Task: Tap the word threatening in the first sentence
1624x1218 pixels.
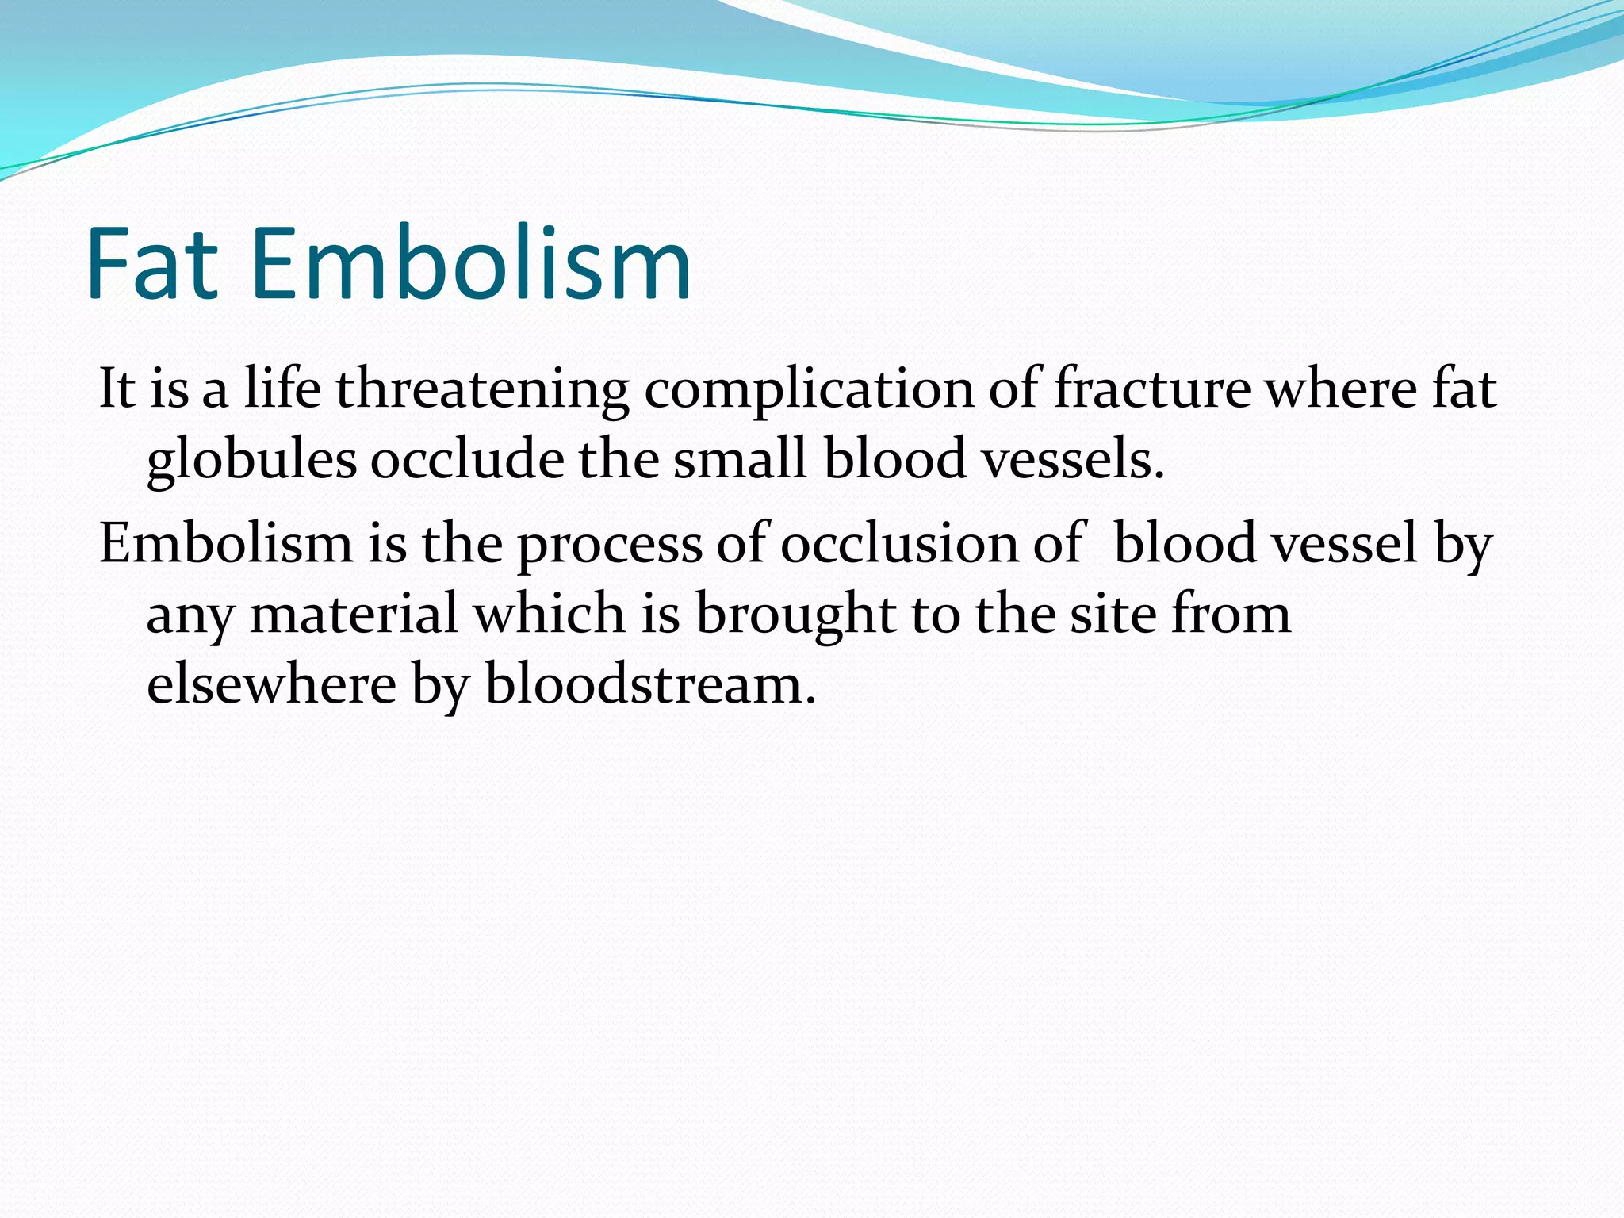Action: point(482,389)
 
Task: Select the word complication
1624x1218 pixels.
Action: point(809,389)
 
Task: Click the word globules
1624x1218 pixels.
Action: point(252,460)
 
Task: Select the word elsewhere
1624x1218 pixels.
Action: point(271,684)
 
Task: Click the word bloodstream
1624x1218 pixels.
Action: point(650,684)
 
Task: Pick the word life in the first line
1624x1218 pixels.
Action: point(282,389)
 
